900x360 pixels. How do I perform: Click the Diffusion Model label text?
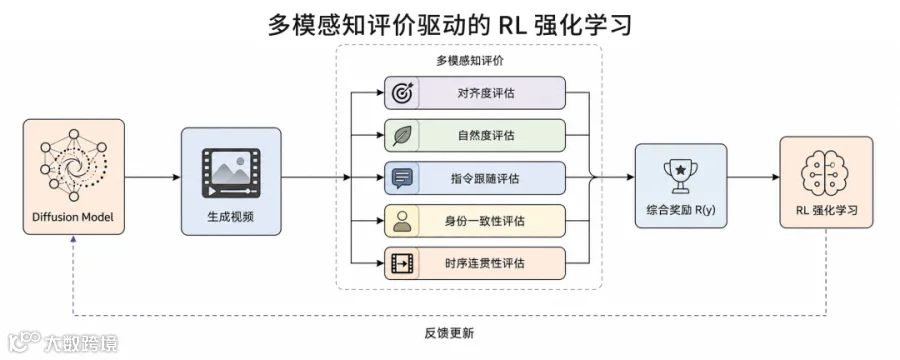pos(73,218)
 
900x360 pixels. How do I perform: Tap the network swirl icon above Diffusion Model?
pos(74,165)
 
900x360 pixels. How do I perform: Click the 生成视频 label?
pos(231,217)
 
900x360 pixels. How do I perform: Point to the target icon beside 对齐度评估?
pos(402,93)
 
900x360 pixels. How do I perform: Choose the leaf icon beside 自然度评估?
pos(402,136)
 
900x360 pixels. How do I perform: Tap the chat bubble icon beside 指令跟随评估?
pos(402,178)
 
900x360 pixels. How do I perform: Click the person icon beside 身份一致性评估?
pos(402,221)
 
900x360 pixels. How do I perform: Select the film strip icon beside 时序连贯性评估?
pos(402,264)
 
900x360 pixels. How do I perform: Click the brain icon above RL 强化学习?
pos(826,171)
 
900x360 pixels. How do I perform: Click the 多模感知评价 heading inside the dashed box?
pos(470,60)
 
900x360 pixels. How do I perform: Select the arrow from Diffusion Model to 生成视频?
pos(153,177)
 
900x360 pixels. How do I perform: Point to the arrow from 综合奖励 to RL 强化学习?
pos(754,177)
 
